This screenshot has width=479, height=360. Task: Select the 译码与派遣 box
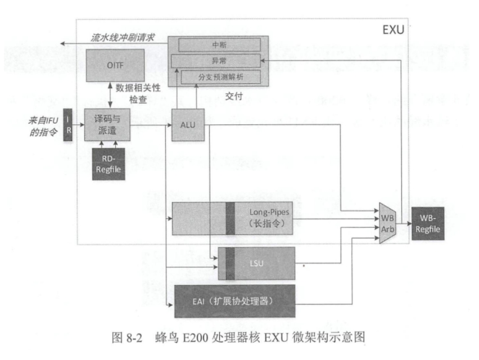coord(107,125)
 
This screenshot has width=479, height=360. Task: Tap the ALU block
coord(188,124)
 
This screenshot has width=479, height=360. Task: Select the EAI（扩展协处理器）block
coord(235,301)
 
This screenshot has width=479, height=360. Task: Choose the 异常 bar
coord(220,60)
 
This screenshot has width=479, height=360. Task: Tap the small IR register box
coord(67,125)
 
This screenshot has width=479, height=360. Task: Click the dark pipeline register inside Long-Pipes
coord(229,217)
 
